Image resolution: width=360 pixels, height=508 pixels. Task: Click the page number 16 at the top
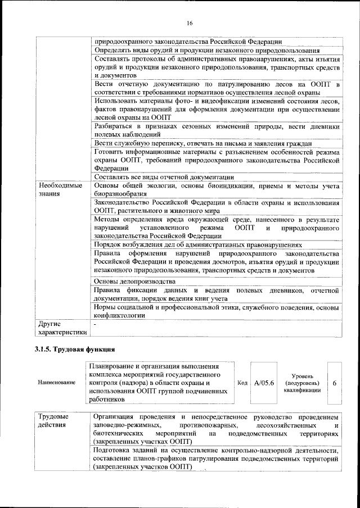point(189,22)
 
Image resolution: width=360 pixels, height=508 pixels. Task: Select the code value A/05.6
point(264,382)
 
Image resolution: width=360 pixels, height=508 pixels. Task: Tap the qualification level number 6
point(335,382)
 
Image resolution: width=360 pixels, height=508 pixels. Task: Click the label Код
point(242,382)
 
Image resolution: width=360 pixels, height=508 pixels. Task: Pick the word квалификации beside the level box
point(302,389)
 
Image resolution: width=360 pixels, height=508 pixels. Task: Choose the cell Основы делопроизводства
point(135,281)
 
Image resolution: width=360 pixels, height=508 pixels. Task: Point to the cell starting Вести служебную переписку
point(202,144)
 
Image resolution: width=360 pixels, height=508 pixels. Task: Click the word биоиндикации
point(218,185)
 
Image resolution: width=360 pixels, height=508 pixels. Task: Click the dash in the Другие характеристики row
point(96,324)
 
